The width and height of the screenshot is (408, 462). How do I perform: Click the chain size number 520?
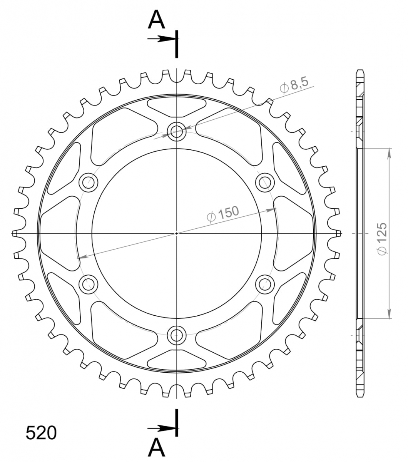[x=41, y=433]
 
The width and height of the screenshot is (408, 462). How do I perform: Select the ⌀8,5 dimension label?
[x=294, y=85]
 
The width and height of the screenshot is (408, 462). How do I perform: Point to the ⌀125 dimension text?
[x=382, y=239]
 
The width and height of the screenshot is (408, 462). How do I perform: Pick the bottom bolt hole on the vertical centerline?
[x=177, y=335]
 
